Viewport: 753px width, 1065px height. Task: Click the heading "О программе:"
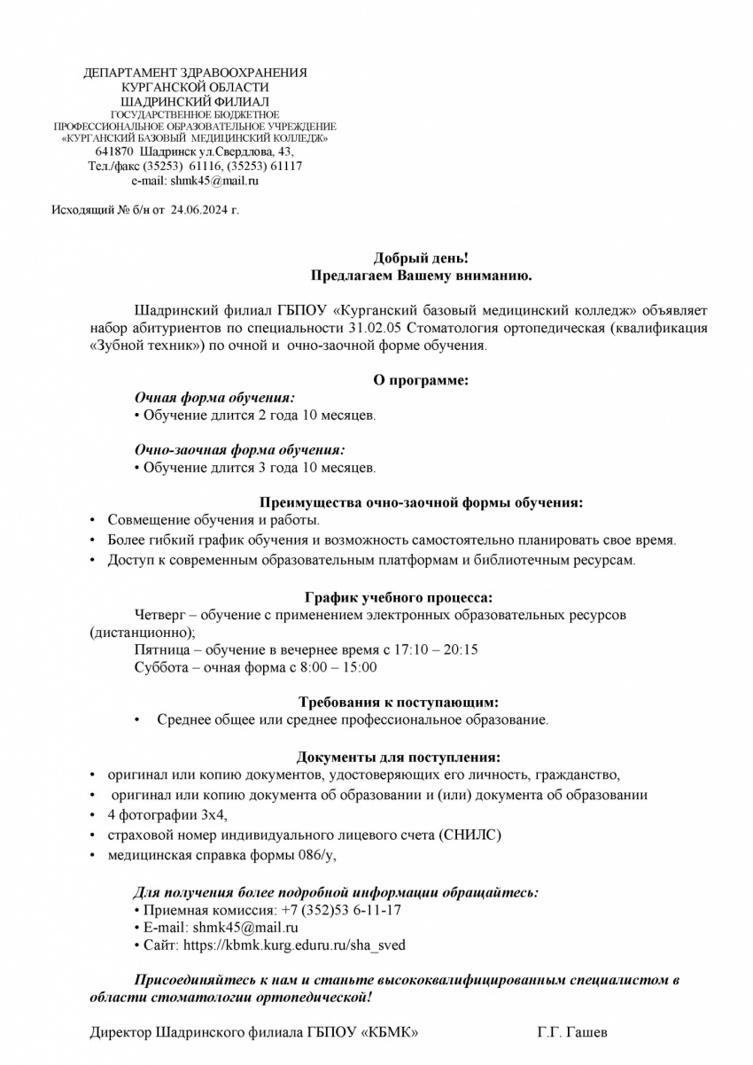pos(420,380)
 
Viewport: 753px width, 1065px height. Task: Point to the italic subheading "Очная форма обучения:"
pos(214,398)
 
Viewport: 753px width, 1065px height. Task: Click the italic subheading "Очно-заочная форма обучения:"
pos(239,450)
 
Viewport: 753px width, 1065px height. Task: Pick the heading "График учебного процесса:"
pos(399,598)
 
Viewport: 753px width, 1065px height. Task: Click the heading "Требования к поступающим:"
pos(399,702)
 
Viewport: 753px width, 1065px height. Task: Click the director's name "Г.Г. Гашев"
pos(572,1032)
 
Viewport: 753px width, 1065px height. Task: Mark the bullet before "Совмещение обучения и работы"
pos(93,521)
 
